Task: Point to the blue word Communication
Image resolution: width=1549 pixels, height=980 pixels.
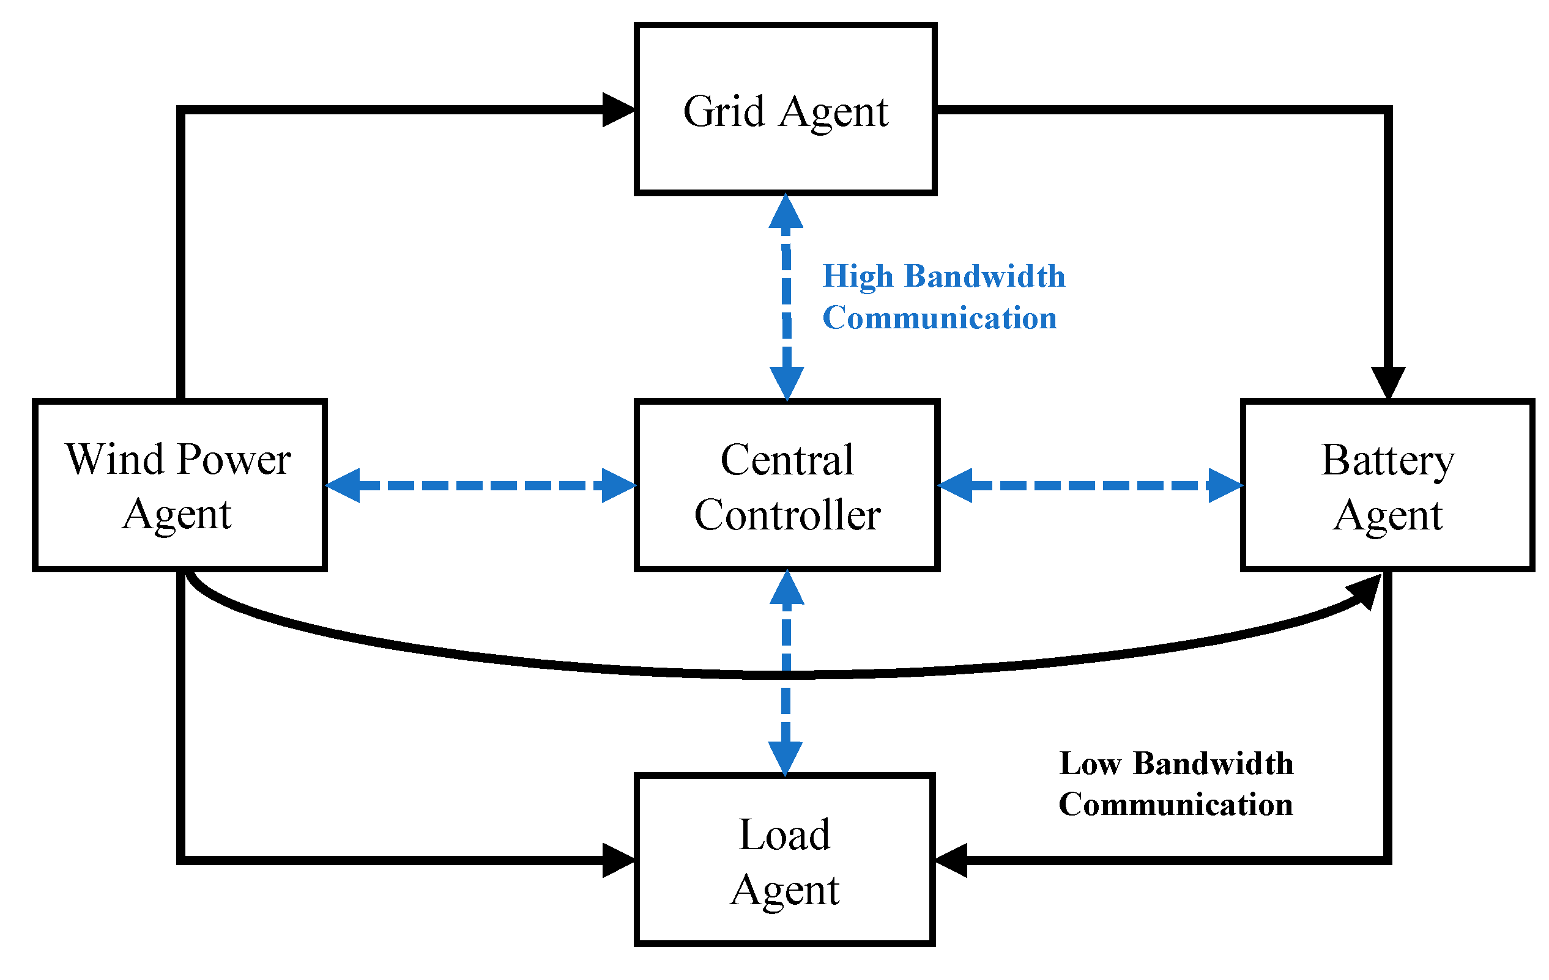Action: [x=939, y=319]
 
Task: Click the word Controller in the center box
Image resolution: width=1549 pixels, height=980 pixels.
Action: [x=787, y=516]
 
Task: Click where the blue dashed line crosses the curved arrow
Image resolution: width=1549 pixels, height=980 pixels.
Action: [x=786, y=674]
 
